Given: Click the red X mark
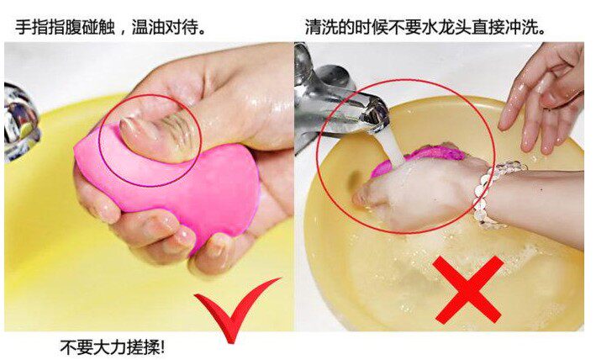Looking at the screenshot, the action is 468,289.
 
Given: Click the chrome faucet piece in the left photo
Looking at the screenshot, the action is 20,122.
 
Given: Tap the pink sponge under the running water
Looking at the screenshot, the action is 422,156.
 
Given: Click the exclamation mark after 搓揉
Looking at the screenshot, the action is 162,347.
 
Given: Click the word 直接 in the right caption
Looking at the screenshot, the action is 488,27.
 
